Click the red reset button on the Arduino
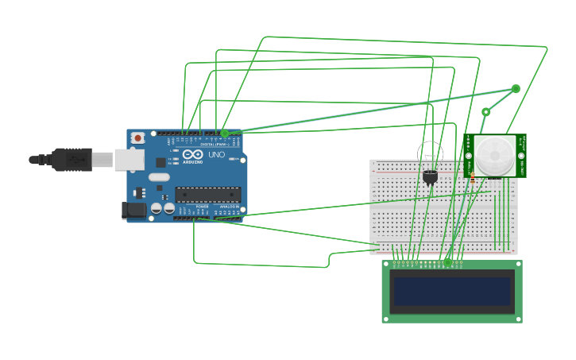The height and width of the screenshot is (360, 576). pyautogui.click(x=137, y=138)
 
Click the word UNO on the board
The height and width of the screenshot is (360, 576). pyautogui.click(x=216, y=154)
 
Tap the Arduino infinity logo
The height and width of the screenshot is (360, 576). pyautogui.click(x=192, y=154)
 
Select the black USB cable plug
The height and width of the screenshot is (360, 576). pyautogui.click(x=72, y=160)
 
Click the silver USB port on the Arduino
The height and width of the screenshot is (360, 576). pyautogui.click(x=129, y=160)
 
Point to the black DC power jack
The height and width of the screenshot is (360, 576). pyautogui.click(x=134, y=210)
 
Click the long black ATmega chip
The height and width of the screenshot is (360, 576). pyautogui.click(x=207, y=195)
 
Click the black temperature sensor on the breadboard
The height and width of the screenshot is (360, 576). pyautogui.click(x=430, y=176)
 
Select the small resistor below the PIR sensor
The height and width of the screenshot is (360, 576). pyautogui.click(x=473, y=179)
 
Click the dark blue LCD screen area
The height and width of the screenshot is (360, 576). pyautogui.click(x=451, y=291)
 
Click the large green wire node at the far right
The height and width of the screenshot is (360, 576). pyautogui.click(x=516, y=89)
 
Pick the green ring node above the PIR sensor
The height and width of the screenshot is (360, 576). pyautogui.click(x=485, y=112)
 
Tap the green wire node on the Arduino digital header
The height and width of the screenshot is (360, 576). pyautogui.click(x=225, y=134)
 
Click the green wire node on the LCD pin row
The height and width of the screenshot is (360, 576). pyautogui.click(x=448, y=261)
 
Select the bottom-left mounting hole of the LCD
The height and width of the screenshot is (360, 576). pyautogui.click(x=387, y=318)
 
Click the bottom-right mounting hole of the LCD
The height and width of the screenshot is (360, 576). pyautogui.click(x=517, y=318)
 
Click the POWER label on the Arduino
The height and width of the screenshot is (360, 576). pyautogui.click(x=203, y=207)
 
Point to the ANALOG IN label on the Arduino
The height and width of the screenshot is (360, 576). pyautogui.click(x=230, y=207)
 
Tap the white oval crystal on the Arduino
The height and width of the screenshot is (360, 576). pyautogui.click(x=159, y=177)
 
